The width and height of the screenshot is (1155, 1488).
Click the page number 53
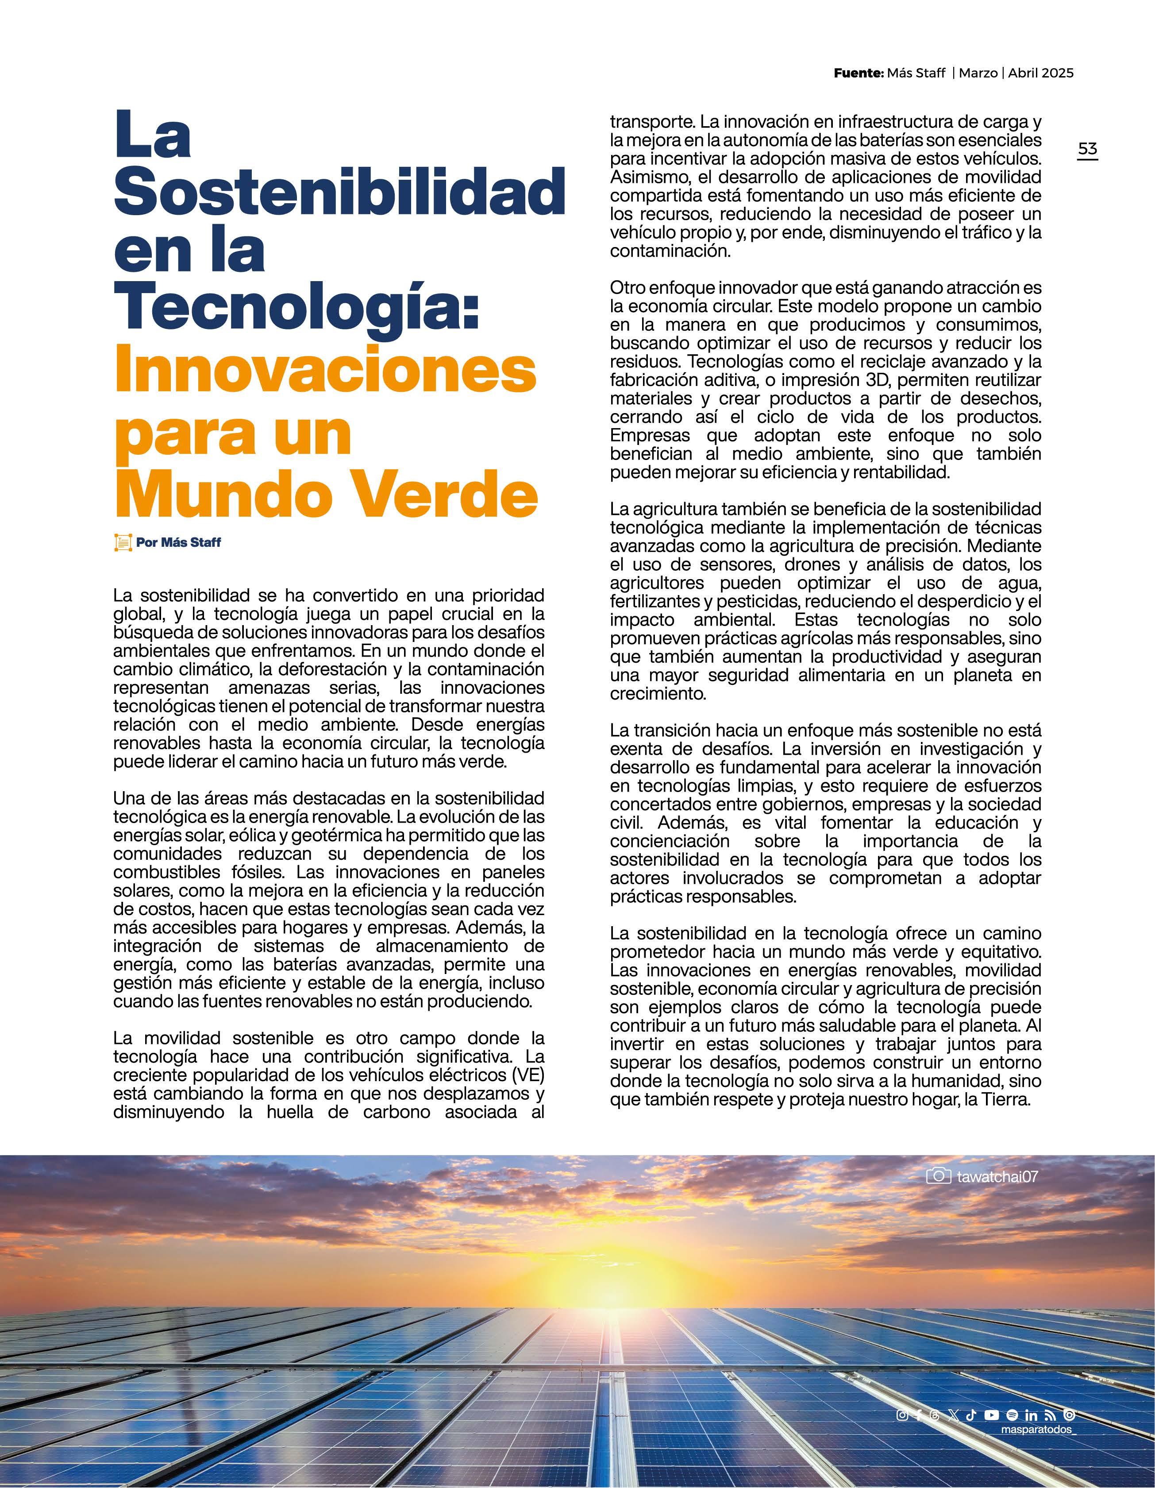click(1088, 149)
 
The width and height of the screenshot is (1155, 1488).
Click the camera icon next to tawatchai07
click(939, 1175)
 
